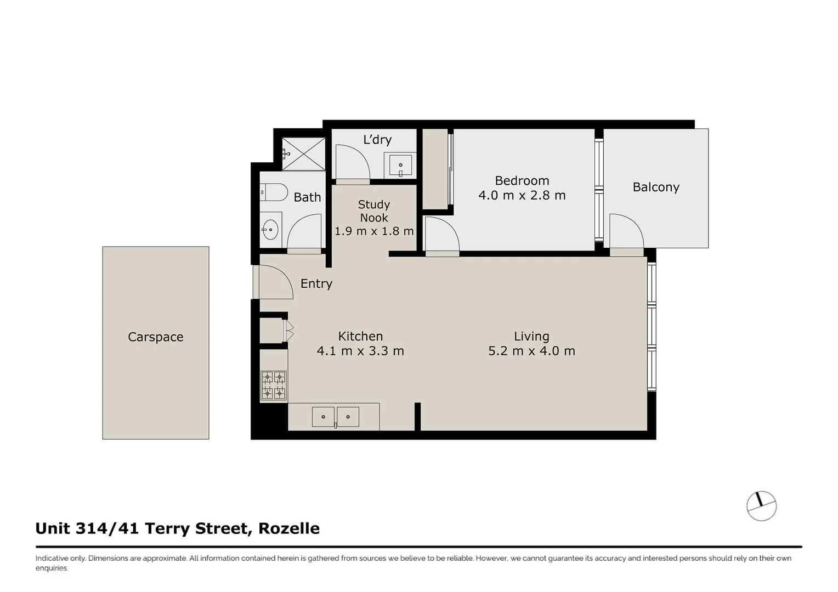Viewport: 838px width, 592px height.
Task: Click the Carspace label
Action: click(x=155, y=337)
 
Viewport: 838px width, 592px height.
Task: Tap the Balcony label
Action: click(x=656, y=187)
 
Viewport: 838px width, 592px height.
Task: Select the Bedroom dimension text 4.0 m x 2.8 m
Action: click(x=522, y=196)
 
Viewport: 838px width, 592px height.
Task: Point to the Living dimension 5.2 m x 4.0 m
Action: click(x=531, y=351)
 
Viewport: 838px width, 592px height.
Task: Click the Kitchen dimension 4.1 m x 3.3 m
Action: click(x=360, y=351)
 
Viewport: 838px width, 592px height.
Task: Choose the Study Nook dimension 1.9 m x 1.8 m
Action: click(x=374, y=231)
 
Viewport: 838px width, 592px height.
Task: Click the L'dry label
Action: click(x=377, y=140)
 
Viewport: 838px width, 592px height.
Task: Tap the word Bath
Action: click(x=307, y=197)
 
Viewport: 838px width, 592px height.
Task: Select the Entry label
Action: click(x=316, y=284)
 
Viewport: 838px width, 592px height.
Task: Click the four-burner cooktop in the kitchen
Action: click(x=273, y=385)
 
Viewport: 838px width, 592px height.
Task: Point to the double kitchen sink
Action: click(x=335, y=417)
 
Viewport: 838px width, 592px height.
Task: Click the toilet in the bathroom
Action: click(x=274, y=192)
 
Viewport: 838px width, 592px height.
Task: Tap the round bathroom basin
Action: click(x=270, y=230)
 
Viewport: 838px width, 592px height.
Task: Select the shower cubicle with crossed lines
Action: click(x=304, y=154)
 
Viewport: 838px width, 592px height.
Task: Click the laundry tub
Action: click(x=400, y=166)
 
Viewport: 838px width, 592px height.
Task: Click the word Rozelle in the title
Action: click(x=289, y=528)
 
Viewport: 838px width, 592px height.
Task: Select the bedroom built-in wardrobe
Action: click(x=435, y=169)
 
